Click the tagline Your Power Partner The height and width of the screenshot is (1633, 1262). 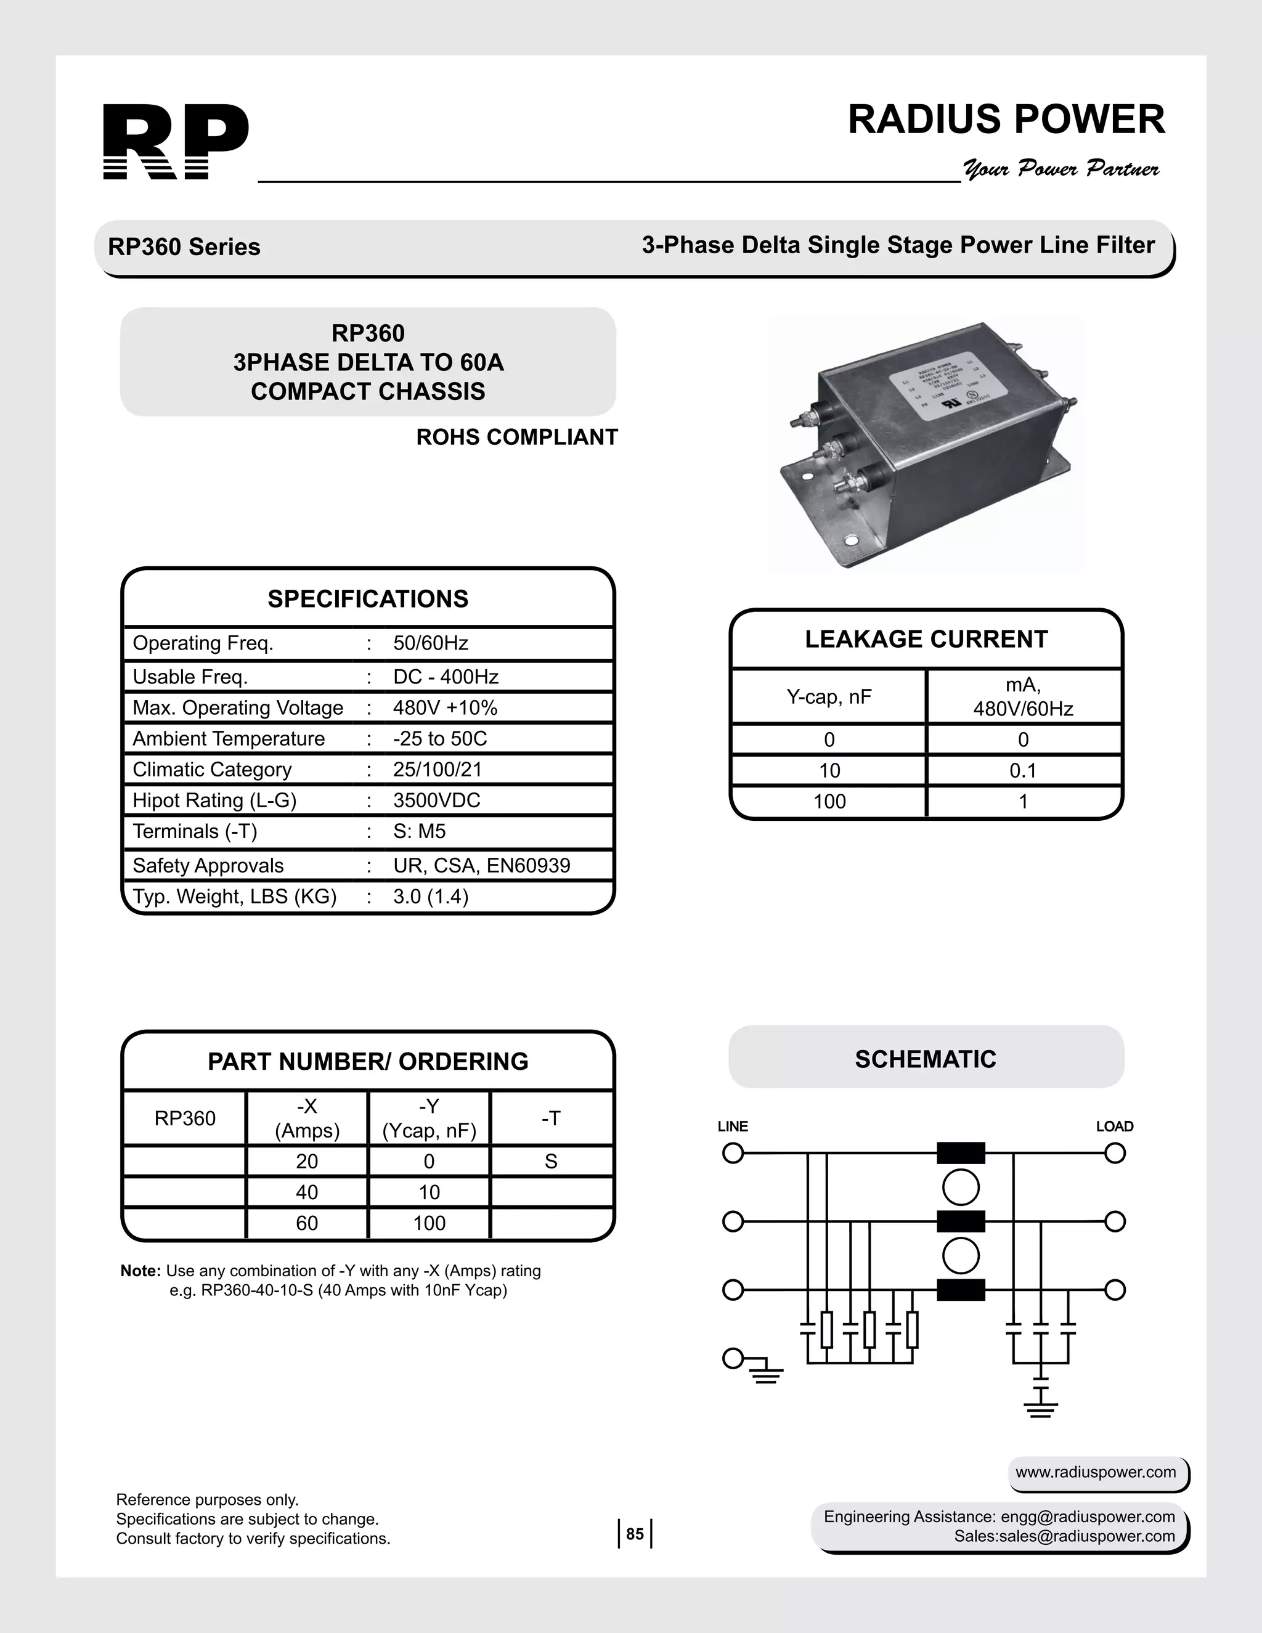(1061, 168)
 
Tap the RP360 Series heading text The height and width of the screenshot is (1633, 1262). (184, 246)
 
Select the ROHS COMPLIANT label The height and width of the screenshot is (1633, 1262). (516, 438)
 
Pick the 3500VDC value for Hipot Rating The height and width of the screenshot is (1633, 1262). (437, 801)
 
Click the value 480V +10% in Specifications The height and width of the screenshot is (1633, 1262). (445, 708)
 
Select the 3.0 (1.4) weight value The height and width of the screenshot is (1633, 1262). (431, 897)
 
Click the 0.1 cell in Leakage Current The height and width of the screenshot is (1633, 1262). (1023, 771)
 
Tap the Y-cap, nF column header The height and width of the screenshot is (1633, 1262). (828, 697)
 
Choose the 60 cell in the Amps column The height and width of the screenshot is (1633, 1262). (306, 1223)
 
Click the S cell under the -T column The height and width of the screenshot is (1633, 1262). (551, 1161)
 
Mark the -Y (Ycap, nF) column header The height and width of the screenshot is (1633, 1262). (429, 1118)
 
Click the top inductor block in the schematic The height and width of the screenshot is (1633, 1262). (961, 1154)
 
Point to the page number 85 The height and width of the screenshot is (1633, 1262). (635, 1534)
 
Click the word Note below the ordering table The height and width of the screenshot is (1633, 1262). (140, 1271)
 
